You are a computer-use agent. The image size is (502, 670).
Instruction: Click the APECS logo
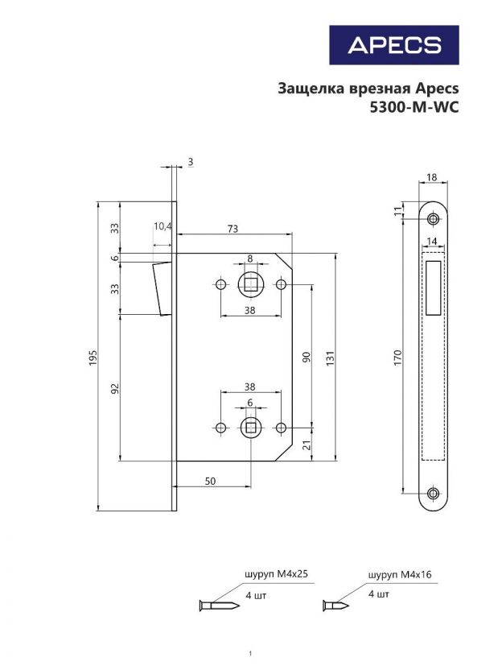pyautogui.click(x=394, y=45)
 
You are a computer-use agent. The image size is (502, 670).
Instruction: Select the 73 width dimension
pyautogui.click(x=232, y=229)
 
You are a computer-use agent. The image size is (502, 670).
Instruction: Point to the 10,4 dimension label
pyautogui.click(x=163, y=226)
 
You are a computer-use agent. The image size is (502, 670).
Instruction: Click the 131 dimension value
pyautogui.click(x=330, y=356)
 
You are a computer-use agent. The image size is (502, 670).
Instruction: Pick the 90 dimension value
pyautogui.click(x=305, y=356)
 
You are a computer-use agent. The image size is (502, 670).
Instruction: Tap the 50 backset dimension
pyautogui.click(x=210, y=481)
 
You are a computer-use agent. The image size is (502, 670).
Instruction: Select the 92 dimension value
pyautogui.click(x=115, y=387)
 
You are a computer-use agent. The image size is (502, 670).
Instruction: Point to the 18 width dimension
pyautogui.click(x=432, y=176)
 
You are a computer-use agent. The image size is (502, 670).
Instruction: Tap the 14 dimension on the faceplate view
pyautogui.click(x=432, y=242)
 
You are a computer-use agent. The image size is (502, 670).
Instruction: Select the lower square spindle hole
pyautogui.click(x=249, y=427)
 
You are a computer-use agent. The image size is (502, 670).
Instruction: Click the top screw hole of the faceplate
pyautogui.click(x=434, y=218)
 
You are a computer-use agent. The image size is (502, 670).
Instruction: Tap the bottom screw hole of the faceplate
pyautogui.click(x=434, y=494)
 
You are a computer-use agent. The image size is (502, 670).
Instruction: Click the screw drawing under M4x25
pyautogui.click(x=216, y=605)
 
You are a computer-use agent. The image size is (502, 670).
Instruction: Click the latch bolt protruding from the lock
pyautogui.click(x=161, y=287)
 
